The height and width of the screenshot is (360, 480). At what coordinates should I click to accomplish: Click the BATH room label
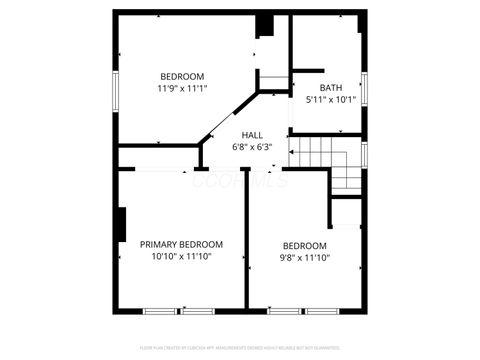click(330, 87)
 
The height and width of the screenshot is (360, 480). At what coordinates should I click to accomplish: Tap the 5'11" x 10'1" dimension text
click(330, 99)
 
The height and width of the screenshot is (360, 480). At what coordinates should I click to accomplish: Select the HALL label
click(252, 135)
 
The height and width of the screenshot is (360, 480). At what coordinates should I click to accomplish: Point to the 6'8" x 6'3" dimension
click(252, 147)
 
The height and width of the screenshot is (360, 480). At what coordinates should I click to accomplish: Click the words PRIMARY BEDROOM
click(181, 244)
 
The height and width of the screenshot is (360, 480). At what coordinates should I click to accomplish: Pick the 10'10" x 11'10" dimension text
click(181, 257)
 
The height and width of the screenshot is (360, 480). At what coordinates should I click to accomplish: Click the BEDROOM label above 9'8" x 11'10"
click(304, 246)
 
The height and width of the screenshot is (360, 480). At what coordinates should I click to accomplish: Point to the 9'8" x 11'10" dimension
click(304, 258)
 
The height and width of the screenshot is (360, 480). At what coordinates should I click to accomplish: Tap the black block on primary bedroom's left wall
click(121, 224)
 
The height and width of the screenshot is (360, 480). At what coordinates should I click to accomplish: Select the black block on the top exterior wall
click(264, 25)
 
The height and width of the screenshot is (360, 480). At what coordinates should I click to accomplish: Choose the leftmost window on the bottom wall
click(161, 311)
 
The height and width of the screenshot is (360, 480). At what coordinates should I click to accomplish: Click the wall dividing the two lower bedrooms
click(246, 240)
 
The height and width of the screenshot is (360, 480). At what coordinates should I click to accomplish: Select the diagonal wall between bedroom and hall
click(229, 118)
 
